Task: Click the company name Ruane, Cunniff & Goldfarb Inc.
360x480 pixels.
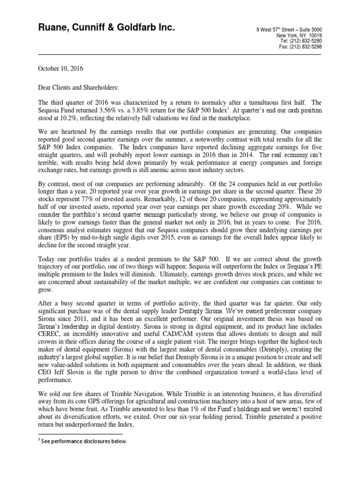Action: click(x=106, y=29)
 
